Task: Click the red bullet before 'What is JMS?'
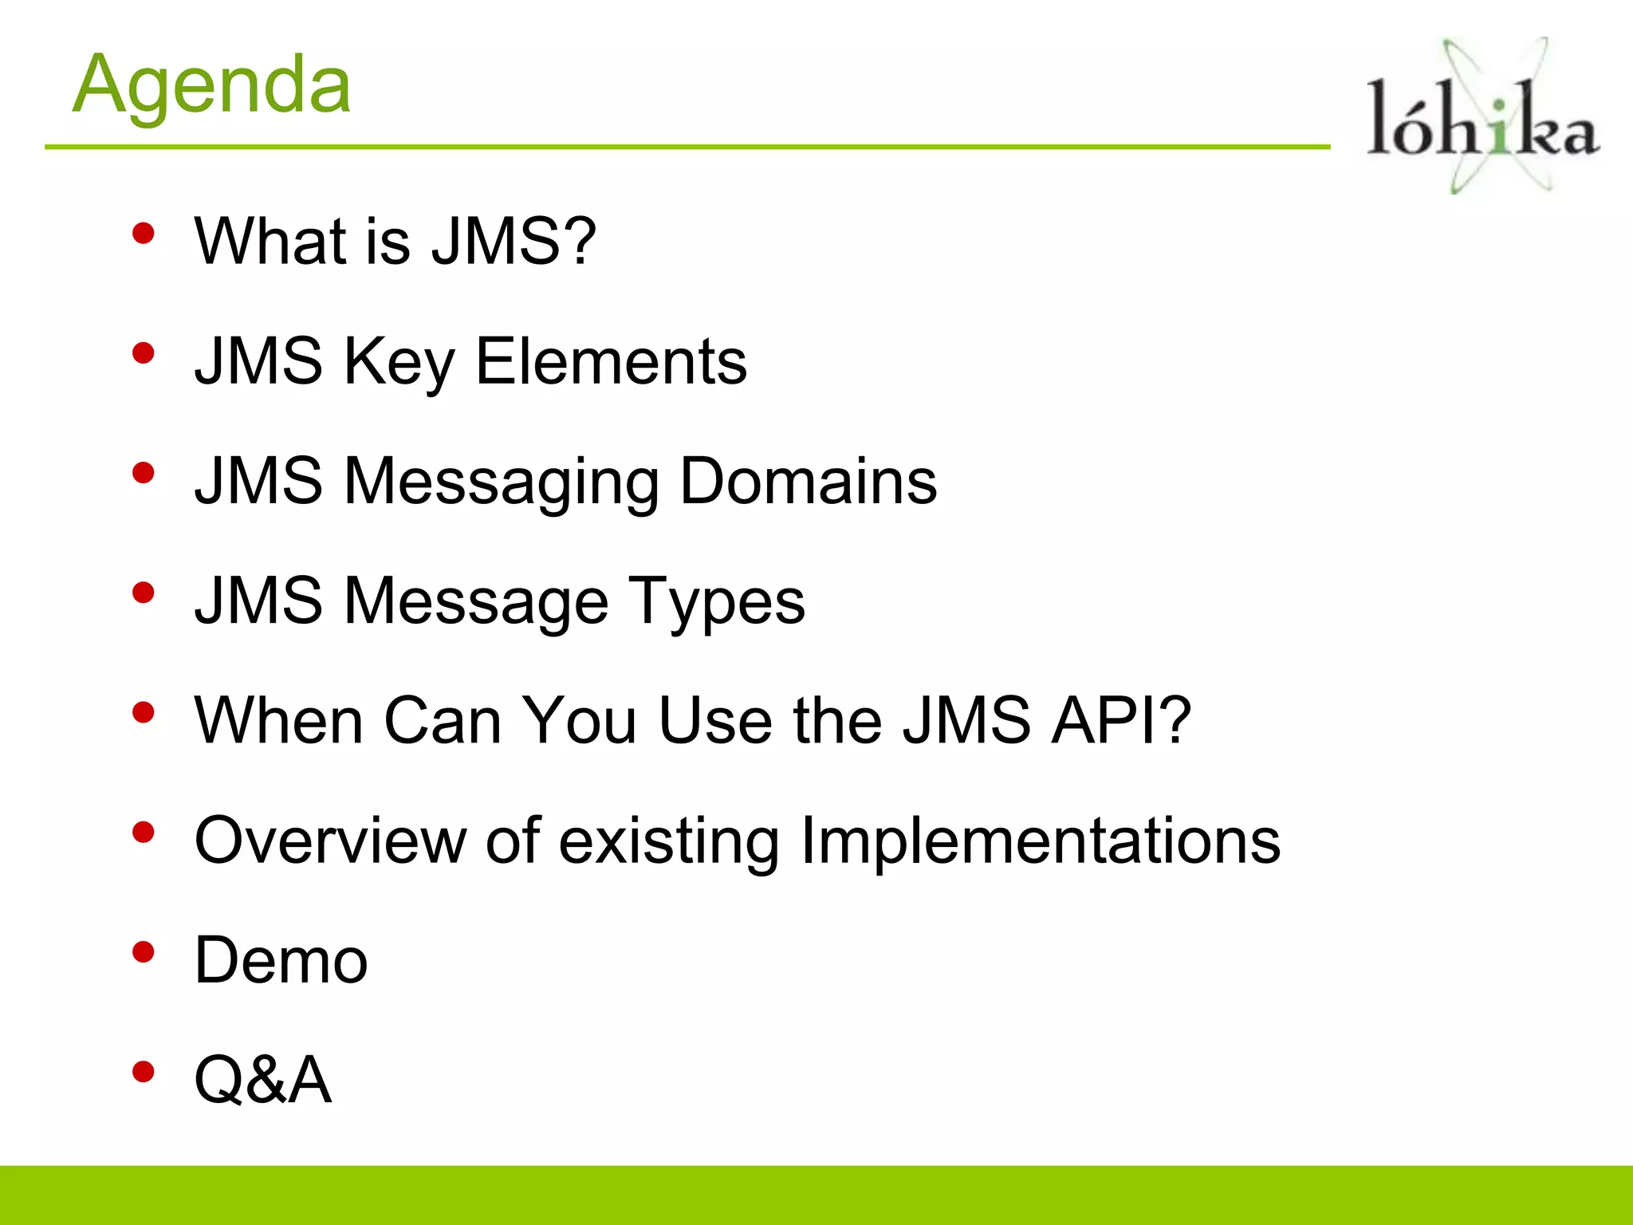tap(144, 234)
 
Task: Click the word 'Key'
tap(399, 363)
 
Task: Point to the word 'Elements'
tap(612, 361)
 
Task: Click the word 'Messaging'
tap(502, 483)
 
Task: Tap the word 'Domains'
tap(809, 481)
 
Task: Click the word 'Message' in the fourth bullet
tap(476, 602)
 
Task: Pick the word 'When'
tap(279, 720)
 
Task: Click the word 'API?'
tap(1121, 720)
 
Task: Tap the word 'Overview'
tap(330, 840)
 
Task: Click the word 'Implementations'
tap(1040, 841)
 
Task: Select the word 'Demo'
tap(281, 960)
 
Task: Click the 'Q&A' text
tap(263, 1080)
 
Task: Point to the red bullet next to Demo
tap(144, 952)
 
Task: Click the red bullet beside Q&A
tap(144, 1072)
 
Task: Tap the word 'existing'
tap(668, 841)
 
